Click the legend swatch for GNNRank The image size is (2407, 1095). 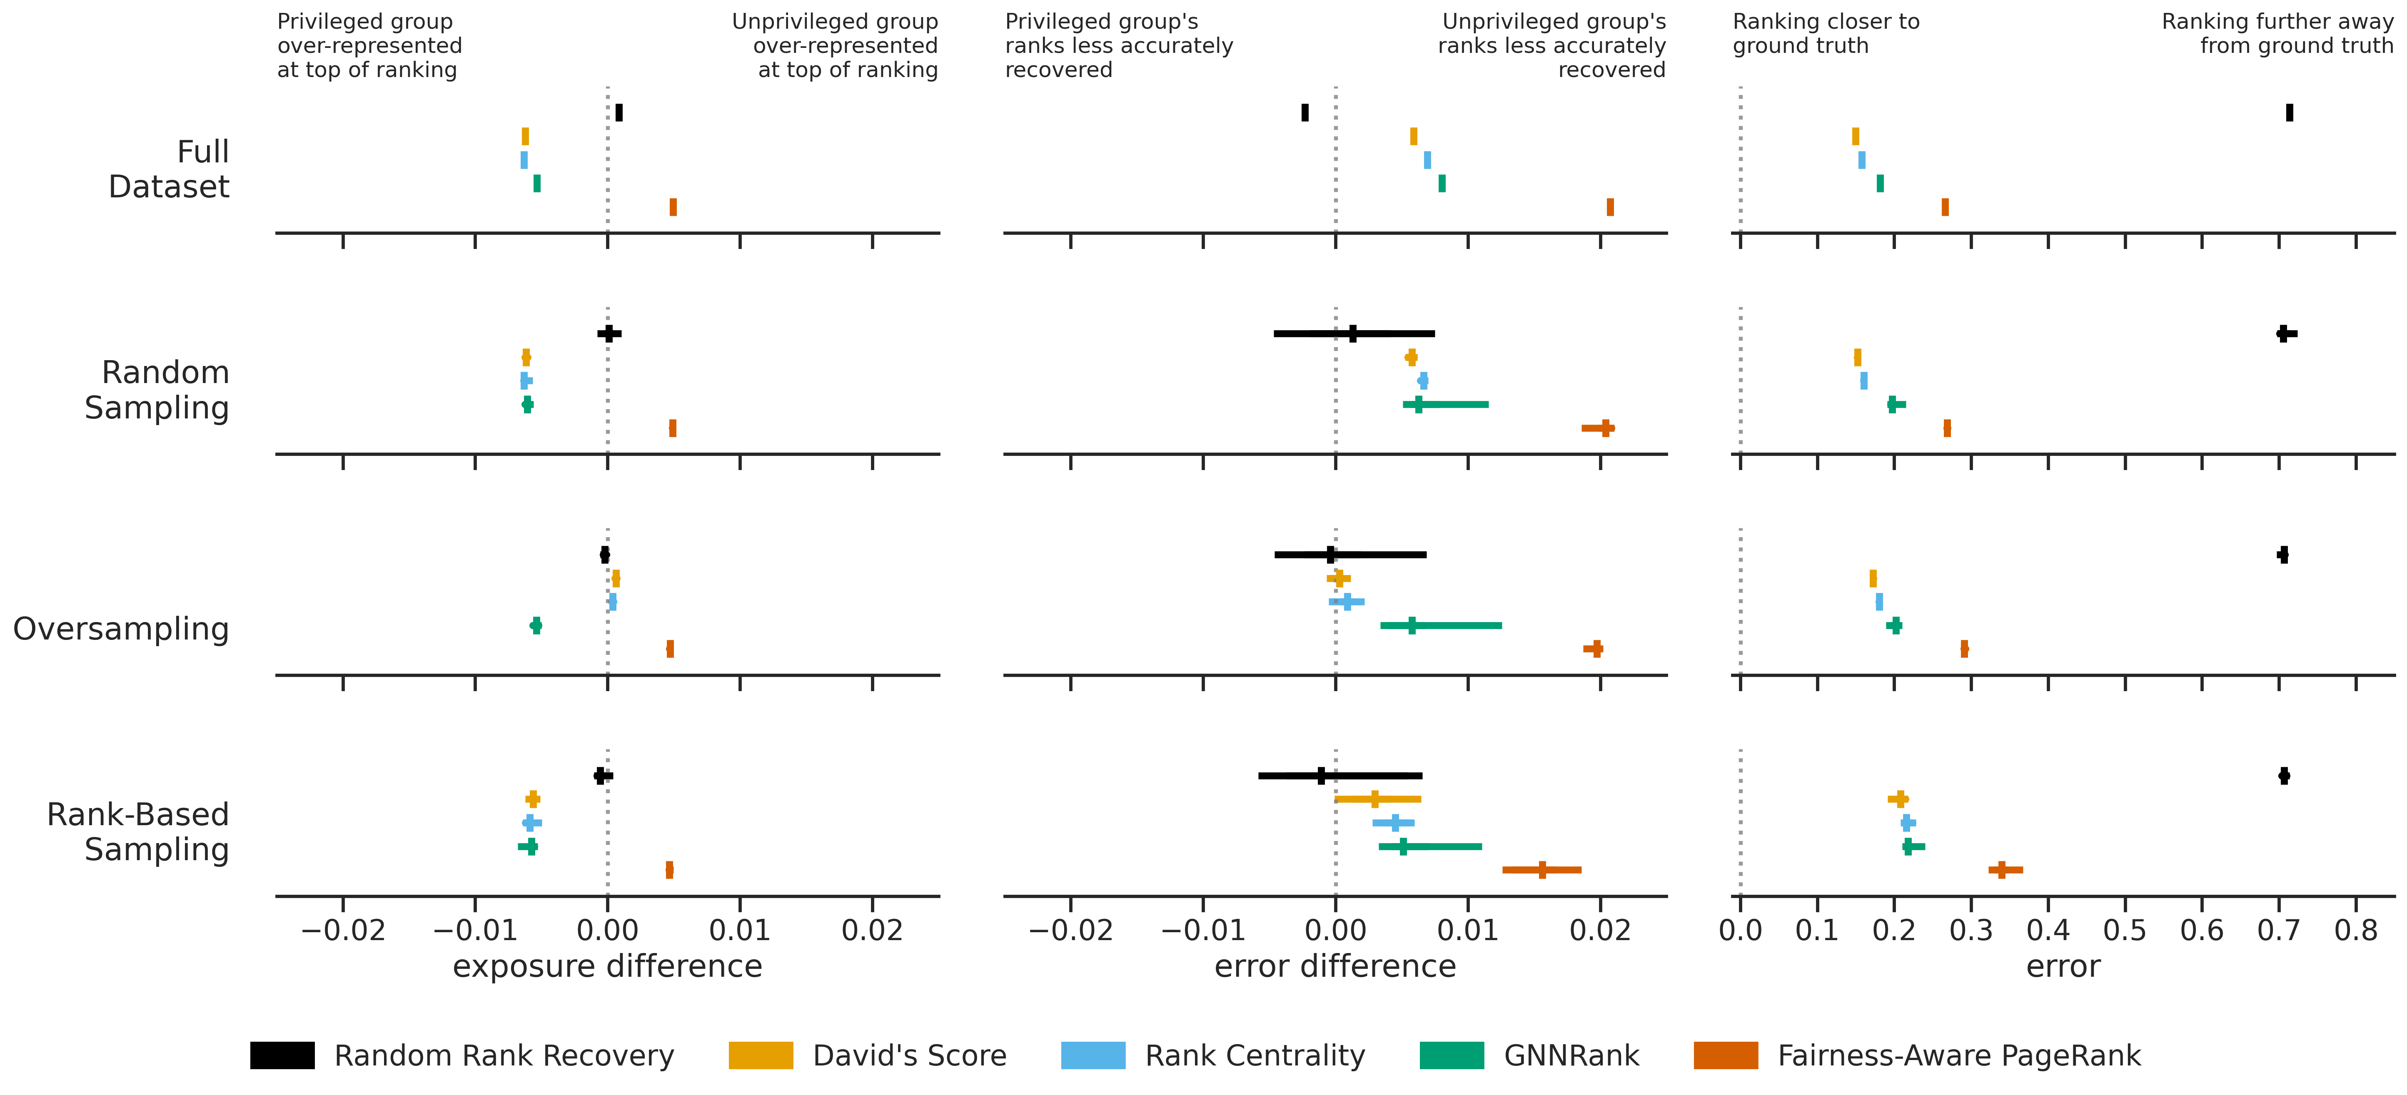(x=1451, y=1056)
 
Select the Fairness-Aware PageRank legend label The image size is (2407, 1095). (x=1958, y=1056)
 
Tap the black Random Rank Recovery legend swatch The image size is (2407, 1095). (x=282, y=1056)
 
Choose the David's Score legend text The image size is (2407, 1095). (x=909, y=1056)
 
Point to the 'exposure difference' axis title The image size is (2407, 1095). (x=607, y=966)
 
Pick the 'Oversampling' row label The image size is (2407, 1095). (x=120, y=629)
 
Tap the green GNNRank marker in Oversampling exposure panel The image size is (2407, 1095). (x=535, y=625)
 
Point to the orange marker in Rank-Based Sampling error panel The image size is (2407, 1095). (x=2001, y=870)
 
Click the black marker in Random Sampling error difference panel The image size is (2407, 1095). (x=1353, y=333)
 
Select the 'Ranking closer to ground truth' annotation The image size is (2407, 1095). (x=1826, y=34)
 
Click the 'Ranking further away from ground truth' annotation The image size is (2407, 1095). (x=2277, y=34)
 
